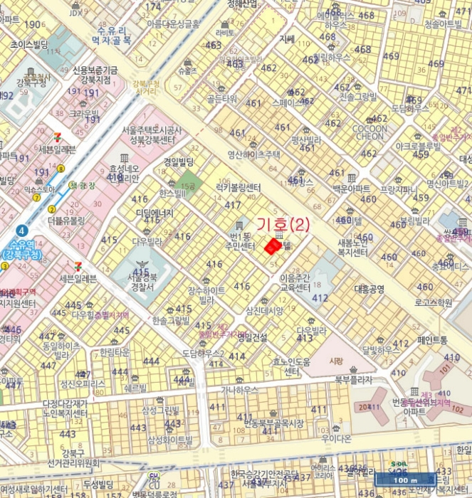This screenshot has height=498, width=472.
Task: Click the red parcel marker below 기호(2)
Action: (x=272, y=246)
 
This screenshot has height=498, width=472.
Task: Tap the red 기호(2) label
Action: (x=283, y=226)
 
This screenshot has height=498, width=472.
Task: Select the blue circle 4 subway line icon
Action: (x=23, y=231)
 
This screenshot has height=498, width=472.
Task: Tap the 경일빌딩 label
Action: (x=179, y=162)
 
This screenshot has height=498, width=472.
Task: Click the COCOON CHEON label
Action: (x=369, y=132)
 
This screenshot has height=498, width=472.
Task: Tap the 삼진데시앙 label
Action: (x=264, y=310)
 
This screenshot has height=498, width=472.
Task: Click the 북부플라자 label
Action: (x=353, y=380)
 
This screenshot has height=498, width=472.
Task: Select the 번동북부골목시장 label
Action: (x=274, y=423)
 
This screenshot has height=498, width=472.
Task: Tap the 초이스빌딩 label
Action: (x=29, y=44)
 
